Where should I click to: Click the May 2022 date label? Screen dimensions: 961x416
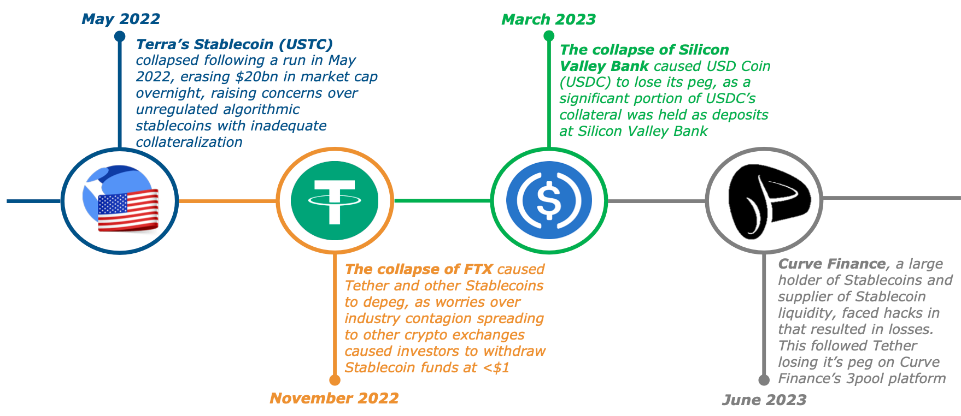click(121, 19)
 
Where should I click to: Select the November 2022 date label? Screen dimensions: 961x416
click(334, 398)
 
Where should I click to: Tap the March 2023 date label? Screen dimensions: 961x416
click(548, 20)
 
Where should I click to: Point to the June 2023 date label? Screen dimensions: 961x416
click(764, 400)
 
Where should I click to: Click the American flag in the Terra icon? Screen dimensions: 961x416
click(128, 211)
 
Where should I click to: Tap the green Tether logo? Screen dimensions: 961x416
click(335, 200)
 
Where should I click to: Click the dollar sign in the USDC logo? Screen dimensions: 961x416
click(549, 200)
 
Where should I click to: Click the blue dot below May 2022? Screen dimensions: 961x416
click(120, 36)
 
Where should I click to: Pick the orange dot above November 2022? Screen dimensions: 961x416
click(335, 380)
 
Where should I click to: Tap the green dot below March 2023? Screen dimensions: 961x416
click(549, 36)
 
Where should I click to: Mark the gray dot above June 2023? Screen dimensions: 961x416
click(764, 380)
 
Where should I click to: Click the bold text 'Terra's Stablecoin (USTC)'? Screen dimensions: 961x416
click(235, 44)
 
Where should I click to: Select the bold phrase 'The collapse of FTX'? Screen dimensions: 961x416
click(419, 269)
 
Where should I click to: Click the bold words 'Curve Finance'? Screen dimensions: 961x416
click(831, 264)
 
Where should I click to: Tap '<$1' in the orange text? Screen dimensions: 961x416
click(496, 367)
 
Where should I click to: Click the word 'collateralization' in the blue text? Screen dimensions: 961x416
click(189, 142)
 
